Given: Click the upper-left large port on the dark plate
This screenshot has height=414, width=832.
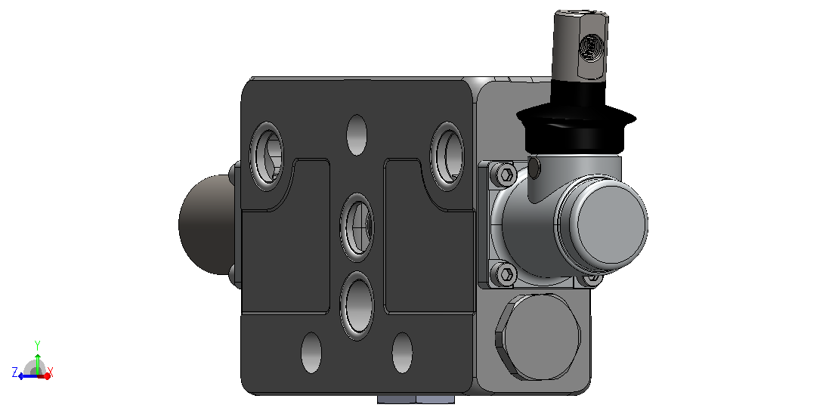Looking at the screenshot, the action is pos(266,156).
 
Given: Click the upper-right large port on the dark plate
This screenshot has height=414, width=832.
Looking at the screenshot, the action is pos(447,156).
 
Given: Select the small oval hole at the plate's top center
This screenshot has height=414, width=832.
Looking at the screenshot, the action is pos(357,134).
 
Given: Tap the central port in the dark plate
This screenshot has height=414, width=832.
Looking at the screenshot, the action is pos(357,227).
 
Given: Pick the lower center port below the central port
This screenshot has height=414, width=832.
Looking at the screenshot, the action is pos(357,306).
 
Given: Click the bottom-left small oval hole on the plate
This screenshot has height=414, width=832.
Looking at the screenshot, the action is pos(311,353).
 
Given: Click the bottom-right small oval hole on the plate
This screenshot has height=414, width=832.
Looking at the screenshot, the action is pos(402,353).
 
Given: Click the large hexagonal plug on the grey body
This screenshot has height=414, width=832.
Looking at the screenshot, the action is pos(537,337).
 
